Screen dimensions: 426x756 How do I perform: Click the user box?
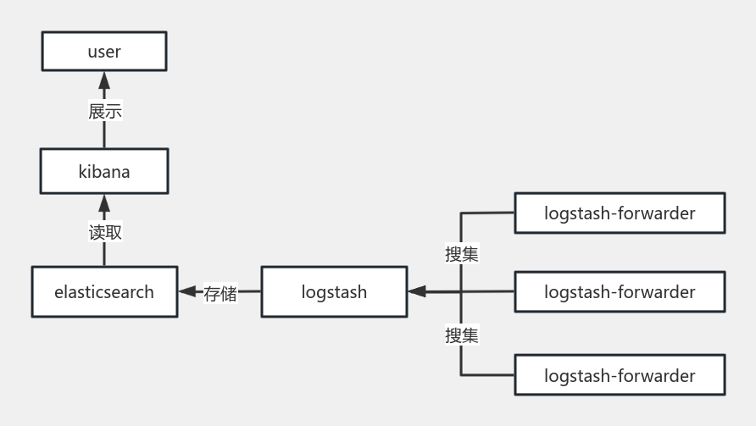104,52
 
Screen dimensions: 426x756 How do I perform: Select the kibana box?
104,172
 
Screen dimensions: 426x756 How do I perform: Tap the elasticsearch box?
104,292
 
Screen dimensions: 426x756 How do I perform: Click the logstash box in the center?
334,292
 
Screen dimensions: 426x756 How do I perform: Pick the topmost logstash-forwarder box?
620,213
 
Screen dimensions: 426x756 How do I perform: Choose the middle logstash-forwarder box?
620,292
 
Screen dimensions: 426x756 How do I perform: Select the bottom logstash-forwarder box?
620,375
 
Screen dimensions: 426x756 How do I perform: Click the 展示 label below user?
105,111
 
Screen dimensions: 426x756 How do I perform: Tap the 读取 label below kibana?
105,232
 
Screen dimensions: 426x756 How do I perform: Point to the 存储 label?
220,293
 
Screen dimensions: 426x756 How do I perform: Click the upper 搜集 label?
462,253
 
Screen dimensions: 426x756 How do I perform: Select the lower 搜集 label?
462,335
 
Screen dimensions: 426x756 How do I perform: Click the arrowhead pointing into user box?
104,81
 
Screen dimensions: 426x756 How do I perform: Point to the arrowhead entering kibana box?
104,202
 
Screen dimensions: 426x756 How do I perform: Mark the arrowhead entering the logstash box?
416,292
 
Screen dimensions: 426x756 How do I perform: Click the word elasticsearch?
104,292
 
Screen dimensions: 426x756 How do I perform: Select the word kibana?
104,172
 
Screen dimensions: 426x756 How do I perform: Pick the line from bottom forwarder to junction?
487,375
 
